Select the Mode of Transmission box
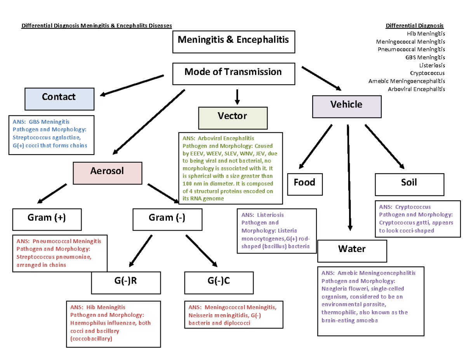[x=233, y=73]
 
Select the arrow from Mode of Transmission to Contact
[x=132, y=85]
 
